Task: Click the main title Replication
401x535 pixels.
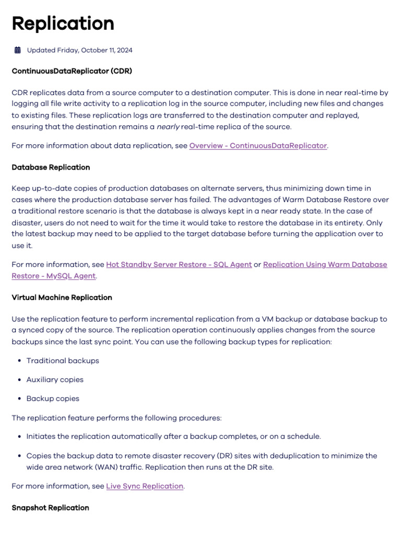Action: coord(63,24)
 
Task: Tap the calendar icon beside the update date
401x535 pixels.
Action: coord(18,50)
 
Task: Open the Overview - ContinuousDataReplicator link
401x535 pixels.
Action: coord(258,146)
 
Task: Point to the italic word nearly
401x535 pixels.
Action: coord(167,126)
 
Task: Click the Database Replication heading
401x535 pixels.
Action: coord(51,167)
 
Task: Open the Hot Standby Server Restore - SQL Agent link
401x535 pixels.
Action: coord(179,264)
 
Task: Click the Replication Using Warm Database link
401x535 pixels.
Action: coord(325,264)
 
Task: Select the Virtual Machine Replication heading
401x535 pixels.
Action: coord(62,297)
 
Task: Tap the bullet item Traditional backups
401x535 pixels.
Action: coord(63,360)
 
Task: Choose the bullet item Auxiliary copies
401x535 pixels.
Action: coord(55,379)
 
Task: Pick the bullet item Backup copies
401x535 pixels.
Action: coord(53,398)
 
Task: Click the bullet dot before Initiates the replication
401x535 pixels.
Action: coord(19,436)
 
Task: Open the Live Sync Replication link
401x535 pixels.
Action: coord(145,486)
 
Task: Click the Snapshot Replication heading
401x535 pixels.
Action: coord(50,507)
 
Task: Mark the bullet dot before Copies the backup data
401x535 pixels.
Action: coord(19,456)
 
